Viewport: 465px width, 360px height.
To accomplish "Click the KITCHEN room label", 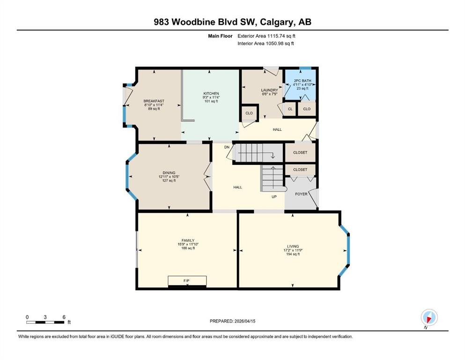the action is pos(211,93).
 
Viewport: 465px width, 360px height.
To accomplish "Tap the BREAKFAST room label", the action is pos(154,101).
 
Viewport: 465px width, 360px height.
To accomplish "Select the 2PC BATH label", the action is pos(303,81).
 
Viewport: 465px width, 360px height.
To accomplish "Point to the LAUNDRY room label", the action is pos(270,90).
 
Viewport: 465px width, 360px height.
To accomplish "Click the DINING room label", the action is pos(169,172).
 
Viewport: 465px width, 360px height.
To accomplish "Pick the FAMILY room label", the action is pos(188,240).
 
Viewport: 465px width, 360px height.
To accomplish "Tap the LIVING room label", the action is pos(293,247).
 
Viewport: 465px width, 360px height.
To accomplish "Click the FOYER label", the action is pos(301,194).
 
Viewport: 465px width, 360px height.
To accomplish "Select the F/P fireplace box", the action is pos(187,281).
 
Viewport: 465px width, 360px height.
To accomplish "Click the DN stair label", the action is pos(227,147).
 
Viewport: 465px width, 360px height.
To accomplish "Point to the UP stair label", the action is pos(274,197).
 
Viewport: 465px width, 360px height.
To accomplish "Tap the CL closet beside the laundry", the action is pos(290,109).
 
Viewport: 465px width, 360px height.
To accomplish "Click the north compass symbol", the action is pos(429,317).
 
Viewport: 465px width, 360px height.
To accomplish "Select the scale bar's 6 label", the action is pos(64,317).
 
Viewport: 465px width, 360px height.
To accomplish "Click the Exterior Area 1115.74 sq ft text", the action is pos(266,36).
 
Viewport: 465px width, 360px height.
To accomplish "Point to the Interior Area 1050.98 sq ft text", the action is pos(266,43).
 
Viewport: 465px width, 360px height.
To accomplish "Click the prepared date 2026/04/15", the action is pos(245,321).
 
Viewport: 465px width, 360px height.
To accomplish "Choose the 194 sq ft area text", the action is pos(293,254).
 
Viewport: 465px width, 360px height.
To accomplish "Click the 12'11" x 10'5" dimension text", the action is pos(169,177).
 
